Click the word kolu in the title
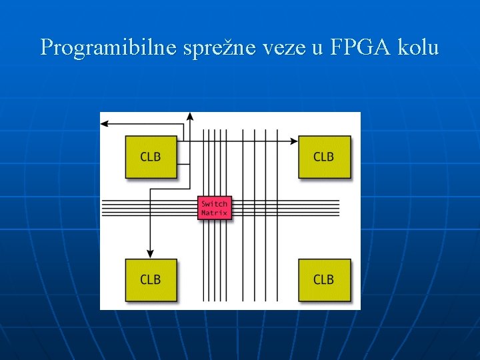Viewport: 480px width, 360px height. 417,47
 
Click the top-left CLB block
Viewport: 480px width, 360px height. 151,157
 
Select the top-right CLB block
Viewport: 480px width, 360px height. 324,157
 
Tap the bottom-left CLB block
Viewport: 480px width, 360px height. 151,279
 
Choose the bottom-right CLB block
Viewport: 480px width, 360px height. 324,279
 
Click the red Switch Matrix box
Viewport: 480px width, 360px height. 215,208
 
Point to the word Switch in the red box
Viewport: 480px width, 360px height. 215,203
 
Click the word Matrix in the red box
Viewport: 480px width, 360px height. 215,213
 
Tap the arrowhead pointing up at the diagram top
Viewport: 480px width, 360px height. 190,116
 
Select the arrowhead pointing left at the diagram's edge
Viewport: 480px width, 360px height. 104,123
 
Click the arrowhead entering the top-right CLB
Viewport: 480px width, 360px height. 294,141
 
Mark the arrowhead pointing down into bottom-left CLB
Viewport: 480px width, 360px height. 150,254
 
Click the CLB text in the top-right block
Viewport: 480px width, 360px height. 324,157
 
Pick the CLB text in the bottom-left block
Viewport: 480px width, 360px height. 151,279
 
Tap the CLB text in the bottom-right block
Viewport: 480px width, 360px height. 324,279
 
